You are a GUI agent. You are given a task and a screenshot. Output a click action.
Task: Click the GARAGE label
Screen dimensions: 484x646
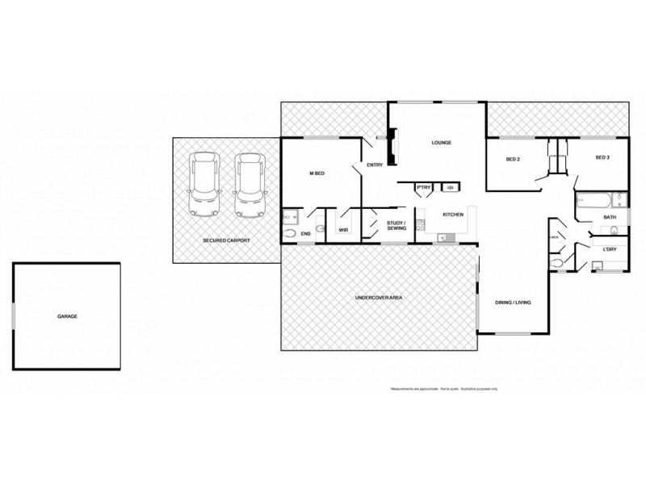67,317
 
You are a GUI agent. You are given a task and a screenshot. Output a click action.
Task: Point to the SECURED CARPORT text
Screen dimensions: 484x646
226,240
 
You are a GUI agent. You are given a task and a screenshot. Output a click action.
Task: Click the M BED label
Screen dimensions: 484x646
317,173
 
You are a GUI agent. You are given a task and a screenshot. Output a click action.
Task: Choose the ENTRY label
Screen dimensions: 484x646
374,165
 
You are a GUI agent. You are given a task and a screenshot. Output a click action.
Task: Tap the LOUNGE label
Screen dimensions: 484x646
441,143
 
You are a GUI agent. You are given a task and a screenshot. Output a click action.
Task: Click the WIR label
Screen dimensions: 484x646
343,230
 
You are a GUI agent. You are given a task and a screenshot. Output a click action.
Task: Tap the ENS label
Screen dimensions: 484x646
306,234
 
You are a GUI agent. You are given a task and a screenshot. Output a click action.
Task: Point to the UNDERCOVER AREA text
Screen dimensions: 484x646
379,298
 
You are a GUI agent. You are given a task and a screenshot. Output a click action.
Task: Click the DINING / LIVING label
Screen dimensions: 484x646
513,302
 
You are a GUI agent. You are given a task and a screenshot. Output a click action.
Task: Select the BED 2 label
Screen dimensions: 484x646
512,159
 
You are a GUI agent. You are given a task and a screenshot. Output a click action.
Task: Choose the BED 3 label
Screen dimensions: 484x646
602,158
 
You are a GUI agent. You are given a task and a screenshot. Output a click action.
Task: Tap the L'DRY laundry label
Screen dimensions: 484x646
610,248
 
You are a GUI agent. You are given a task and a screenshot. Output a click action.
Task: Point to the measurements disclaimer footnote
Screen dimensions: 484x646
445,389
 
